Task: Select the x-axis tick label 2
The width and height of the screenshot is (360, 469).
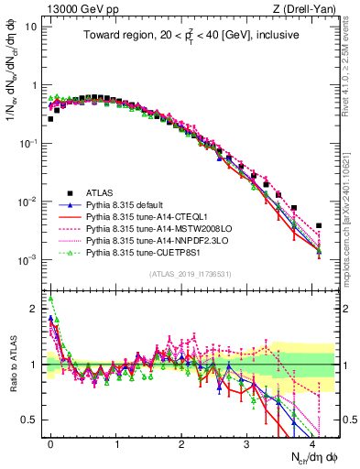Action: pos(181,442)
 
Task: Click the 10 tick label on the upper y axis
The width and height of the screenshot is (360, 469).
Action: pos(30,26)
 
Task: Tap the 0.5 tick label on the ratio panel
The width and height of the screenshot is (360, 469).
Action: pos(29,420)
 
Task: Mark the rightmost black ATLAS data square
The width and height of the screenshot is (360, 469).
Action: pos(318,225)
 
